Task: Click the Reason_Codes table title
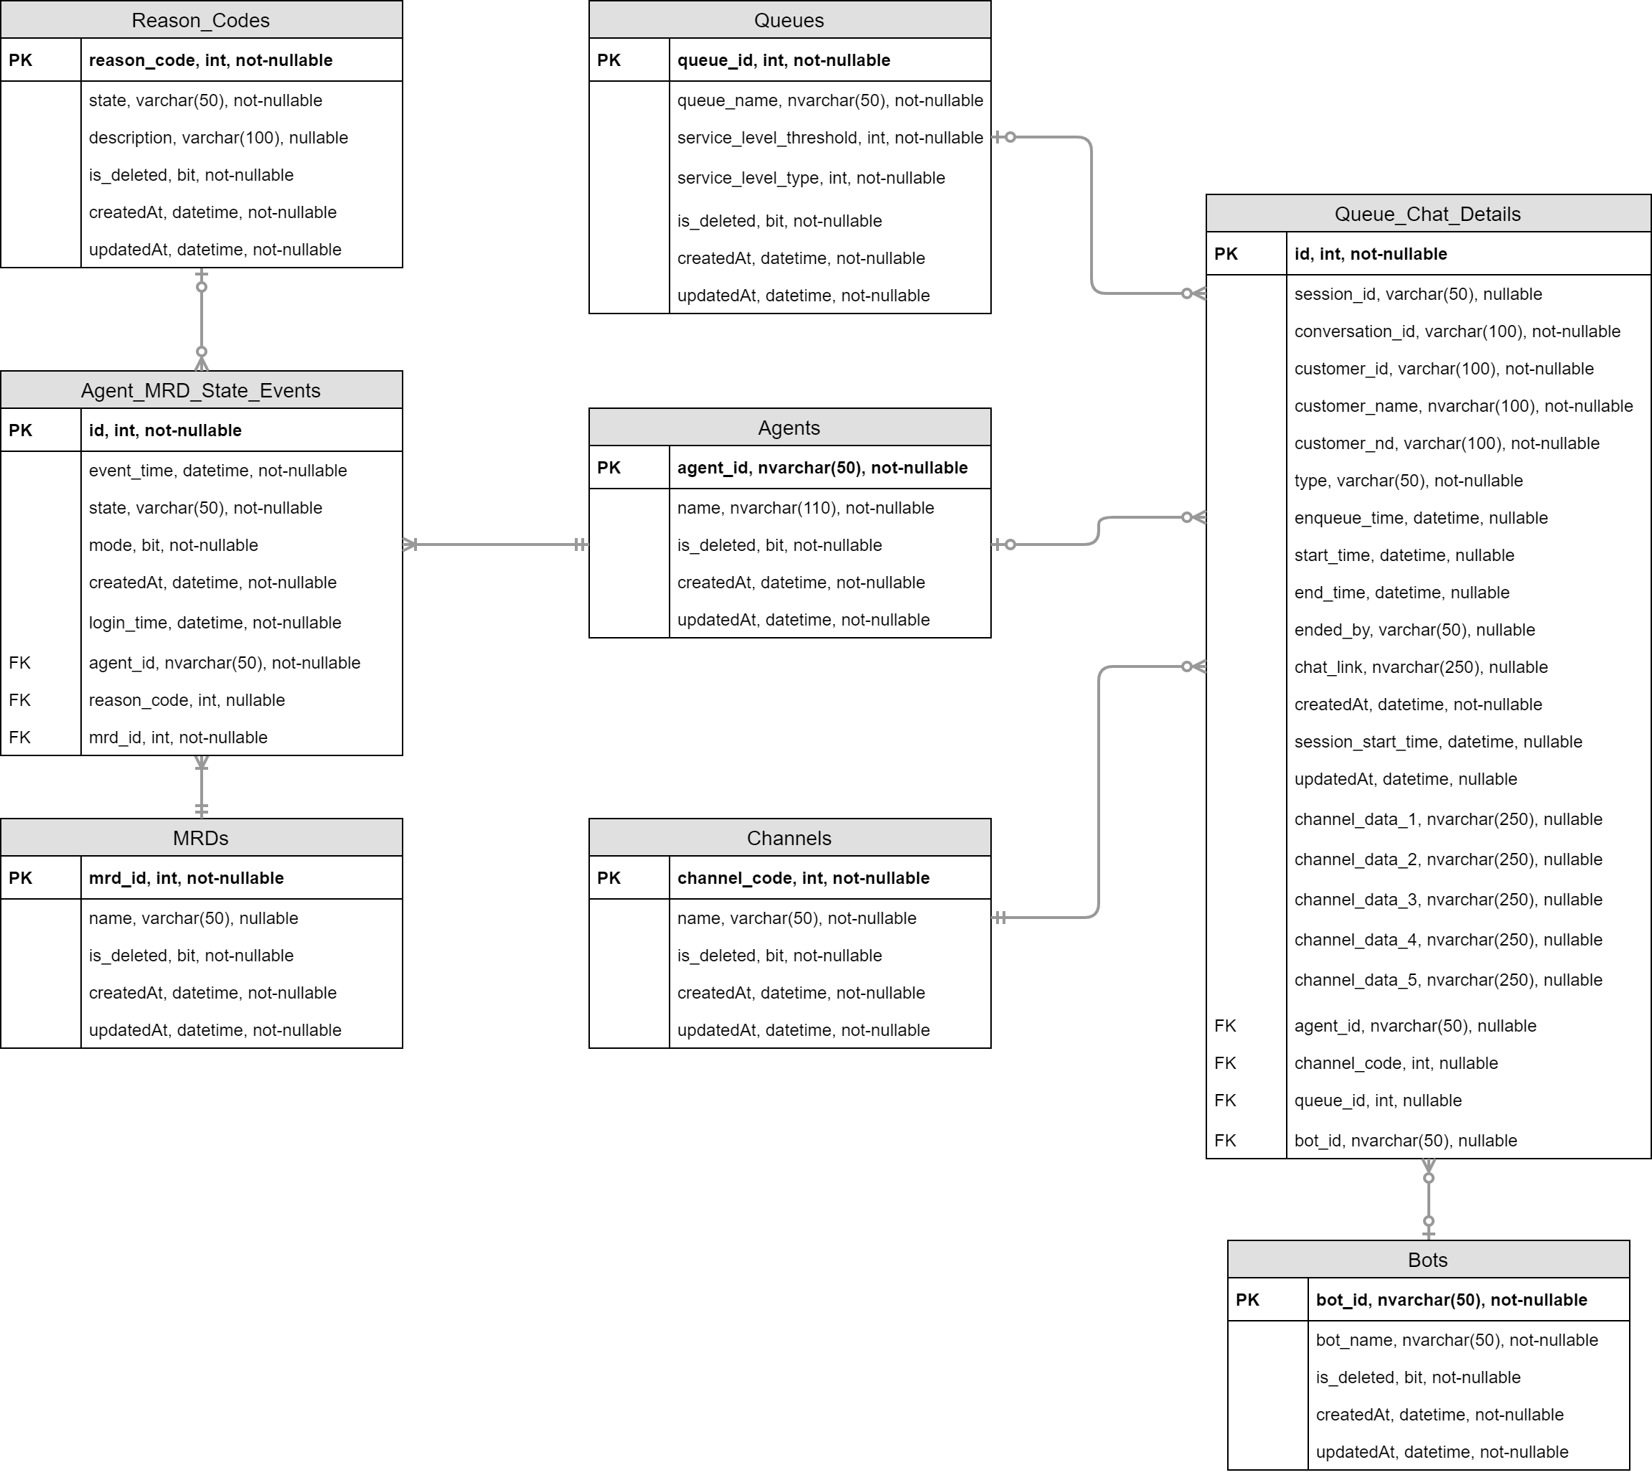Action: pyautogui.click(x=200, y=20)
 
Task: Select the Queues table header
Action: pyautogui.click(x=789, y=20)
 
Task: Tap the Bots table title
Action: pyautogui.click(x=1427, y=1260)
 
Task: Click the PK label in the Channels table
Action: pyautogui.click(x=609, y=879)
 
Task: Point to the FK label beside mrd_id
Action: pyautogui.click(x=19, y=737)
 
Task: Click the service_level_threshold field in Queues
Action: pyautogui.click(x=830, y=138)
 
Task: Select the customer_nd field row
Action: pyautogui.click(x=1446, y=443)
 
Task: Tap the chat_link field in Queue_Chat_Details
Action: pyautogui.click(x=1420, y=667)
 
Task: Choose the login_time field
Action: pyautogui.click(x=215, y=623)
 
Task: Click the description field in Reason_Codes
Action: pyautogui.click(x=218, y=138)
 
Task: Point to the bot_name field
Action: pyautogui.click(x=1456, y=1340)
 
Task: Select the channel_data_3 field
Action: pyautogui.click(x=1447, y=900)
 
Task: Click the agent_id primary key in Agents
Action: pyautogui.click(x=822, y=468)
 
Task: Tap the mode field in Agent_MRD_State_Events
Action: pyautogui.click(x=174, y=545)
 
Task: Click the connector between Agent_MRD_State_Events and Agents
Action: pyautogui.click(x=495, y=545)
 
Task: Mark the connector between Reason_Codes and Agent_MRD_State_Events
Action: pyautogui.click(x=202, y=319)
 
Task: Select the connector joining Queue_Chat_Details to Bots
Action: pyautogui.click(x=1428, y=1200)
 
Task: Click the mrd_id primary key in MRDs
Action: pyautogui.click(x=186, y=879)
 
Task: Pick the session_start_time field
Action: pyautogui.click(x=1437, y=742)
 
